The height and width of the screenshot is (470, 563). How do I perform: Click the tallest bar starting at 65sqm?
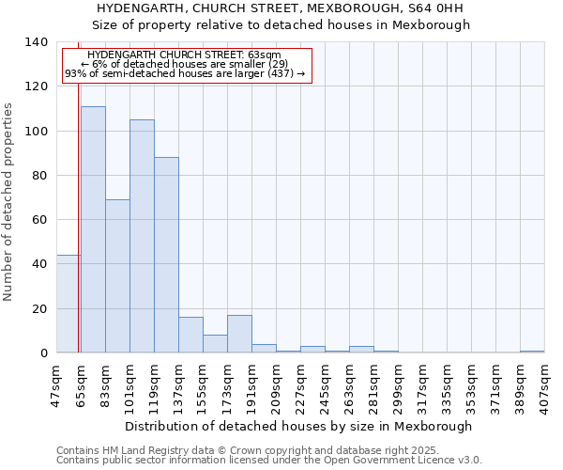pyautogui.click(x=93, y=229)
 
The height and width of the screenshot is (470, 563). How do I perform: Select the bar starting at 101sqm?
pyautogui.click(x=142, y=236)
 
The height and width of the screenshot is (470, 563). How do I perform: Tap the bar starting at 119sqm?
pyautogui.click(x=166, y=255)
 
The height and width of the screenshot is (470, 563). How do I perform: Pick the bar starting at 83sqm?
pyautogui.click(x=117, y=276)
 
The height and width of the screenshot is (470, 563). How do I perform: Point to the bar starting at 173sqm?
pyautogui.click(x=239, y=334)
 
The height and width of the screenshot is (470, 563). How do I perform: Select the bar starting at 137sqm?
pyautogui.click(x=190, y=335)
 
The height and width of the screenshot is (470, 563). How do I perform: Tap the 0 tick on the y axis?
pyautogui.click(x=43, y=353)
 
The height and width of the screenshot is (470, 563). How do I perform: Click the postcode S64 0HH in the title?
pyautogui.click(x=436, y=8)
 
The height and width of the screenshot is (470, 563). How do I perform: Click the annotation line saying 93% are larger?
pyautogui.click(x=185, y=73)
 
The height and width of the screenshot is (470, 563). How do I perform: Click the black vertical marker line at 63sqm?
pyautogui.click(x=78, y=207)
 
